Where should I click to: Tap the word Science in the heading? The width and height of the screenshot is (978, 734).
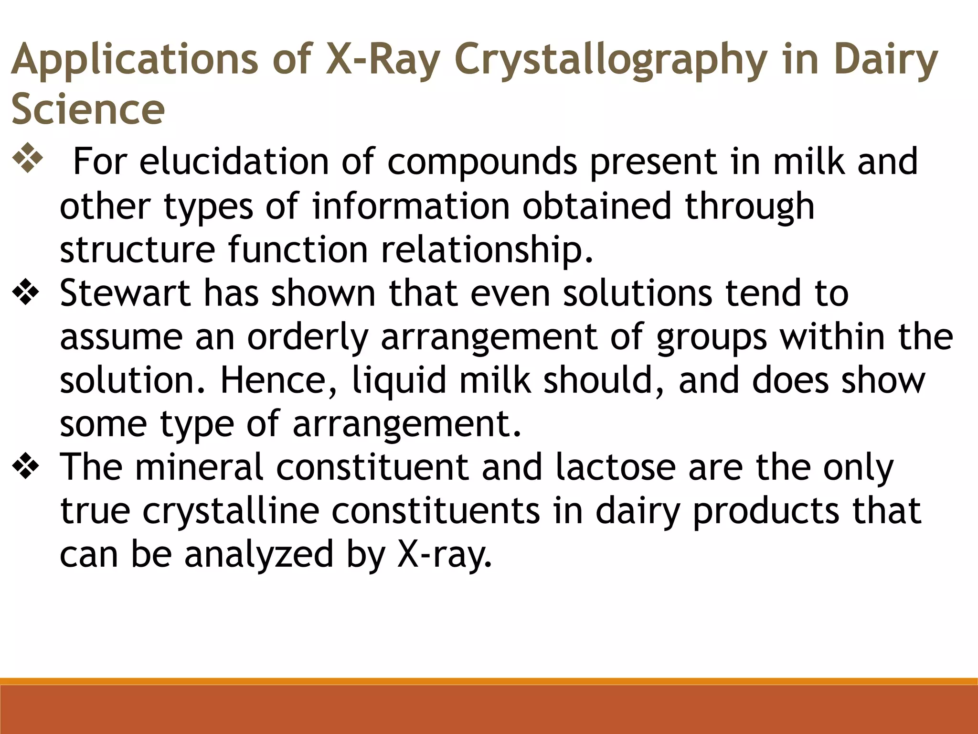click(x=88, y=108)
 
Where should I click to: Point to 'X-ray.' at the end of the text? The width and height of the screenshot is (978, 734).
click(x=444, y=554)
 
